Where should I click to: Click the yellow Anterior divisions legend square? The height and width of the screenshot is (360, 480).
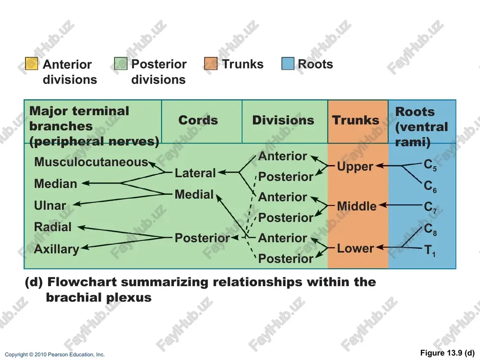point(31,64)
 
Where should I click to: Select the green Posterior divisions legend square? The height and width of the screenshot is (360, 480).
point(120,64)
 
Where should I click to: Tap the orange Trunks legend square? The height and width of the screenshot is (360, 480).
point(211,64)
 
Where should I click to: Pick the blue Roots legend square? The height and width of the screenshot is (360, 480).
point(288,64)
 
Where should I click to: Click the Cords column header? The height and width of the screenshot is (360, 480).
point(198,120)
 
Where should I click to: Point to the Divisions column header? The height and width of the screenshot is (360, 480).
point(283,120)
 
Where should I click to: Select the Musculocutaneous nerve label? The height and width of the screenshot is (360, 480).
point(91,162)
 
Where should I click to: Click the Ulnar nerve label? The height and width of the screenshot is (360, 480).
point(50,205)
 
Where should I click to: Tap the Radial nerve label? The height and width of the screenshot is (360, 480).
point(53,227)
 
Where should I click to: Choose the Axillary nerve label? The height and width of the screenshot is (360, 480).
point(57,249)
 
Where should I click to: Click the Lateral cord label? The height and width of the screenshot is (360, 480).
point(195,173)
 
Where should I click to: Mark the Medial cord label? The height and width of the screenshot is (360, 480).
point(194,194)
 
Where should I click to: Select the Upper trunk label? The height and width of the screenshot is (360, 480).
point(355,167)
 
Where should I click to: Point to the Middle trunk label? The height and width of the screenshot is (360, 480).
point(357,206)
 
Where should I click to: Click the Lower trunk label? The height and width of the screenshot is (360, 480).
point(355,248)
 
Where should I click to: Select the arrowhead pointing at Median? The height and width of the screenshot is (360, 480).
point(85,183)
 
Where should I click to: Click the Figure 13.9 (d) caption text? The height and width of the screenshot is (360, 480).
point(447,353)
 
